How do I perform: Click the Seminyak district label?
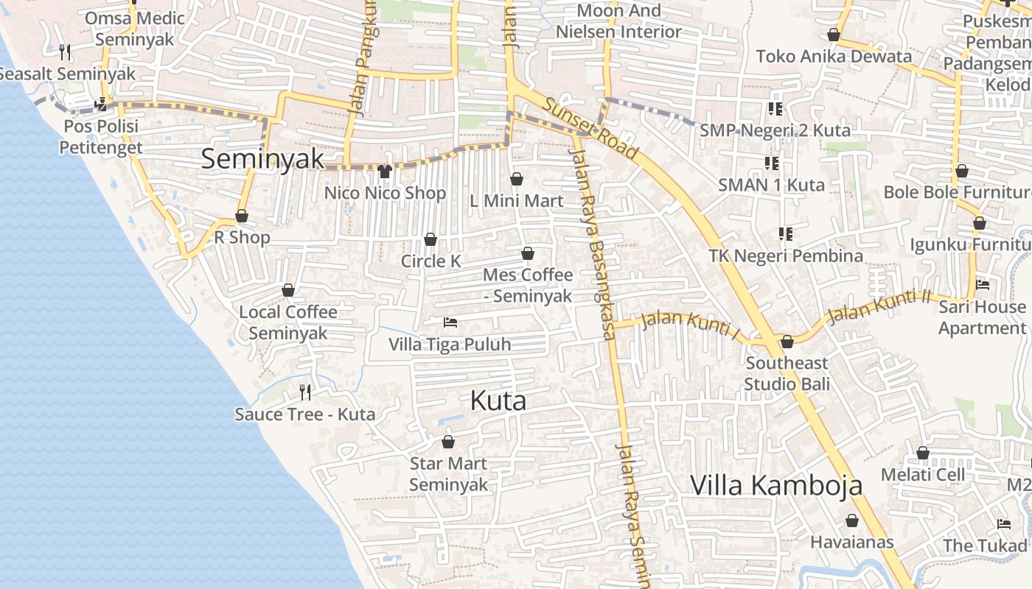[x=262, y=158]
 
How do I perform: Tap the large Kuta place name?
[x=498, y=401]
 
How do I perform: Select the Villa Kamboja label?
[x=776, y=486]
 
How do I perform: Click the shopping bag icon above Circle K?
[x=430, y=239]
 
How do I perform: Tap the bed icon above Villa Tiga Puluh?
[x=450, y=322]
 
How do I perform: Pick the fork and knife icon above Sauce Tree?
[x=305, y=392]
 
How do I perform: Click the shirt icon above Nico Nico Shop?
[x=384, y=172]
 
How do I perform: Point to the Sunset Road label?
[x=590, y=127]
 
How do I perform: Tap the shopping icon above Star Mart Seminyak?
[x=448, y=442]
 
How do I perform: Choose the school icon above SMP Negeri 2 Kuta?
[x=775, y=109]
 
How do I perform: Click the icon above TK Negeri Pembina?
[x=786, y=234]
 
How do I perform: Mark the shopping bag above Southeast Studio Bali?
[x=787, y=342]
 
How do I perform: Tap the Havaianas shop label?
[x=852, y=543]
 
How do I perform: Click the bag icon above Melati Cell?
[x=923, y=453]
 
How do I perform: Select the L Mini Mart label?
[x=517, y=201]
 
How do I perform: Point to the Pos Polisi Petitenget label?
[x=100, y=137]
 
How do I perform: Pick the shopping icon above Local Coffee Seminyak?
[x=288, y=290]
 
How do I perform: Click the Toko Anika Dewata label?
[x=834, y=56]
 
